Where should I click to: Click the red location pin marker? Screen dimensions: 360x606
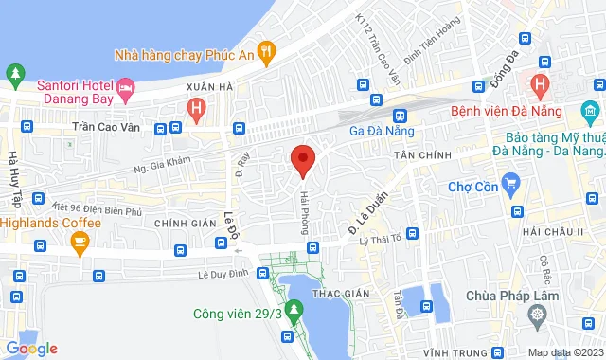coord(302,160)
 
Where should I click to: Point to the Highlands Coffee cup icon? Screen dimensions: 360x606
coord(80,242)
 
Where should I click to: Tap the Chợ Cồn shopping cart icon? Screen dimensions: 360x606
coord(511,182)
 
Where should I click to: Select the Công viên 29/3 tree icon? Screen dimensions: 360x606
coord(294,308)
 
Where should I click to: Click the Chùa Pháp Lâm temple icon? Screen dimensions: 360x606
coord(539,314)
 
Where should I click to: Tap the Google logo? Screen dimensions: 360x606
coord(30,349)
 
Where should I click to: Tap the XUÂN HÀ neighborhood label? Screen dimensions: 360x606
coord(209,86)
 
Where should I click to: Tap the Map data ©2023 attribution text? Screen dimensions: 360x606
coord(564,352)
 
